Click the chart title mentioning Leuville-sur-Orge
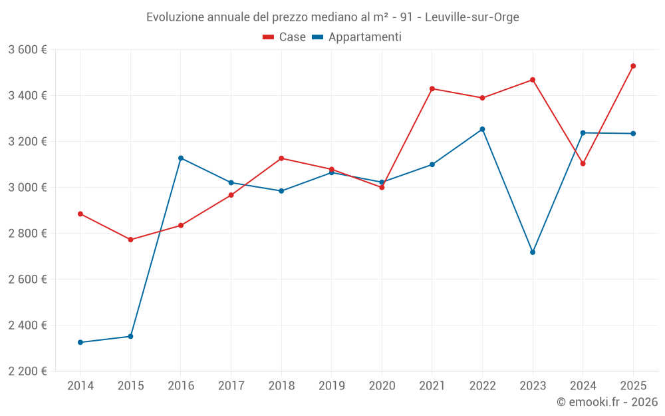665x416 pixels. (332, 17)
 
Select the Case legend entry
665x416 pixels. (285, 37)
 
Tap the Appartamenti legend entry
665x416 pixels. (357, 37)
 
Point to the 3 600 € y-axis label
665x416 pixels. (28, 49)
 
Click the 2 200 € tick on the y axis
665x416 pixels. (28, 371)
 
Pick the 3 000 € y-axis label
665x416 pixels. (28, 187)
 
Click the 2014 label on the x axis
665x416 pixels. (80, 385)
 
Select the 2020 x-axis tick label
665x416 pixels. (382, 385)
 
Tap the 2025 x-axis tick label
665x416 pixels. (633, 385)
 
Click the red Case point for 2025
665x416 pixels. (633, 66)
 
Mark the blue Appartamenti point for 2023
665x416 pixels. (533, 252)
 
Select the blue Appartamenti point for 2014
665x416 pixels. (80, 342)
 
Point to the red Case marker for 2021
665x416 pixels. (432, 89)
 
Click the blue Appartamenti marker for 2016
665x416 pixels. (181, 158)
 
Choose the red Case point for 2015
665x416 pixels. (130, 240)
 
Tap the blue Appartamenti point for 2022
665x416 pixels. (482, 129)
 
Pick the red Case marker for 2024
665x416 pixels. (583, 163)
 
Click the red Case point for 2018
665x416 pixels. (281, 158)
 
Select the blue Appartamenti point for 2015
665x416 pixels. (130, 336)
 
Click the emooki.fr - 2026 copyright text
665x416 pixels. (607, 402)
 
